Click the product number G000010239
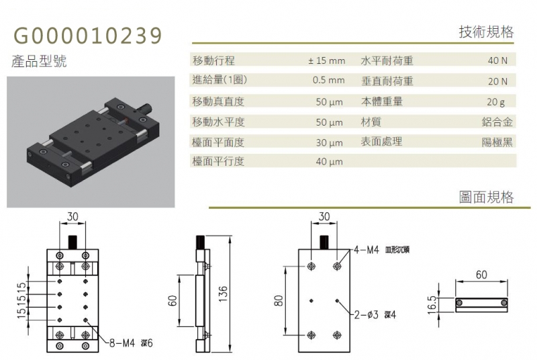(x=87, y=36)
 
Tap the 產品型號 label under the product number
(x=39, y=61)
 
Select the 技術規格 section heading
(x=486, y=32)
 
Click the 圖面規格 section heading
(x=486, y=197)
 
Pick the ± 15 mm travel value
(x=327, y=60)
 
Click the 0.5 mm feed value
(x=328, y=80)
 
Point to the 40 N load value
(x=497, y=60)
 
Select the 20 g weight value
(x=496, y=101)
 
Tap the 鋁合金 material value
(x=497, y=122)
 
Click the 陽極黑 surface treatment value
(x=497, y=142)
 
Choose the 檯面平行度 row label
(x=219, y=161)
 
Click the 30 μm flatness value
(x=329, y=142)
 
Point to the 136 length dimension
(x=223, y=294)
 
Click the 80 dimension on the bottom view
(x=279, y=300)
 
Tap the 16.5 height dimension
(x=432, y=304)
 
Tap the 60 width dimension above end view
(x=481, y=275)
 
